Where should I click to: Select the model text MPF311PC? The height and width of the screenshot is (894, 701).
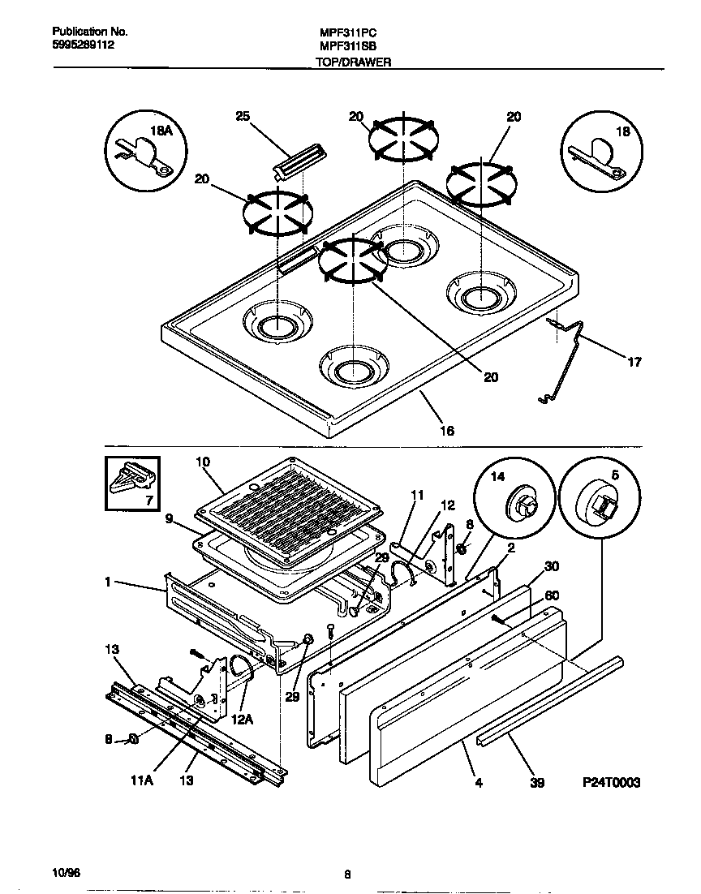343,32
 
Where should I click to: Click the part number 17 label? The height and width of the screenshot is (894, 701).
634,363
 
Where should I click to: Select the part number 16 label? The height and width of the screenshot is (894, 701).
446,431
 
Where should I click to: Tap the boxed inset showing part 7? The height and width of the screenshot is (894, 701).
132,484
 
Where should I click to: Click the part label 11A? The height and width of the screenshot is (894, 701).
142,781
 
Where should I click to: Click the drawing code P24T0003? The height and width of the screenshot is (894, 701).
611,783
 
